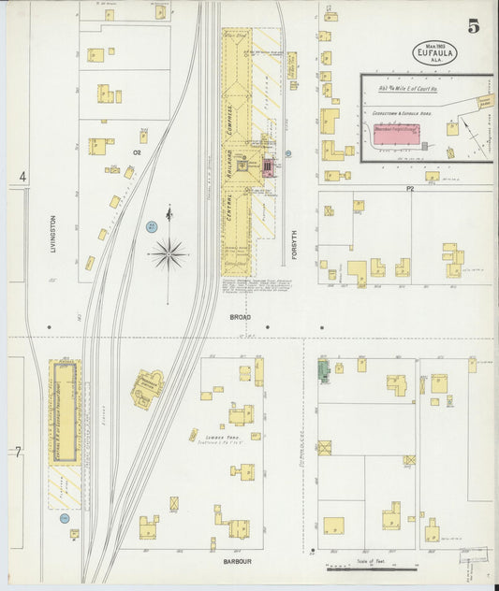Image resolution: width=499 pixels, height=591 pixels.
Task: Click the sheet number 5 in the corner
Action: (x=475, y=26)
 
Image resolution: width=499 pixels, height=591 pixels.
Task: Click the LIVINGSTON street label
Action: (x=54, y=234)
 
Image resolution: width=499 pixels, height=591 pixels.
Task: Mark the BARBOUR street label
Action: (x=237, y=562)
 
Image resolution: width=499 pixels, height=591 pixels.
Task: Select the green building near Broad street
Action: (x=324, y=372)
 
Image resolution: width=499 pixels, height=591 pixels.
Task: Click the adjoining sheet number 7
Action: (x=18, y=452)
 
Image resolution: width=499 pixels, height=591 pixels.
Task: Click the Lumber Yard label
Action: (x=213, y=437)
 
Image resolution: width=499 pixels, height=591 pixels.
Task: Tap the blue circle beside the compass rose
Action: (x=151, y=226)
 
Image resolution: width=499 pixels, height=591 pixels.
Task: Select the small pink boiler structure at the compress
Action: (x=270, y=167)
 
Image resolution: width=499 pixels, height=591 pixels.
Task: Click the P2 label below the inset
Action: (x=409, y=188)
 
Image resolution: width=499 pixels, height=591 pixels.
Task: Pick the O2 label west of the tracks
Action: (x=137, y=151)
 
